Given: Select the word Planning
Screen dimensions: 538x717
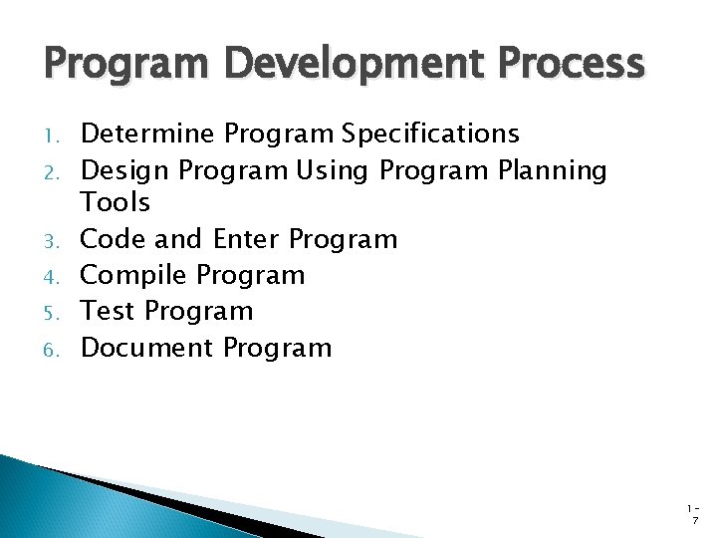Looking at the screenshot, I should click(553, 170).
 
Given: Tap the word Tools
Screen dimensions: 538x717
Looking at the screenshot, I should click(116, 203).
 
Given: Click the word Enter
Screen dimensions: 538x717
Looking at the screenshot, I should click(247, 239).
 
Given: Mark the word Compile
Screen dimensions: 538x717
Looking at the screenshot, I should click(134, 275).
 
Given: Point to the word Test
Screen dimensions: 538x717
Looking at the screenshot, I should click(108, 311).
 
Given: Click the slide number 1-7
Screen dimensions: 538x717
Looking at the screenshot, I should click(694, 513).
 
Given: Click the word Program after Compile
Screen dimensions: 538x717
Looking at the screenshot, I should click(251, 275).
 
